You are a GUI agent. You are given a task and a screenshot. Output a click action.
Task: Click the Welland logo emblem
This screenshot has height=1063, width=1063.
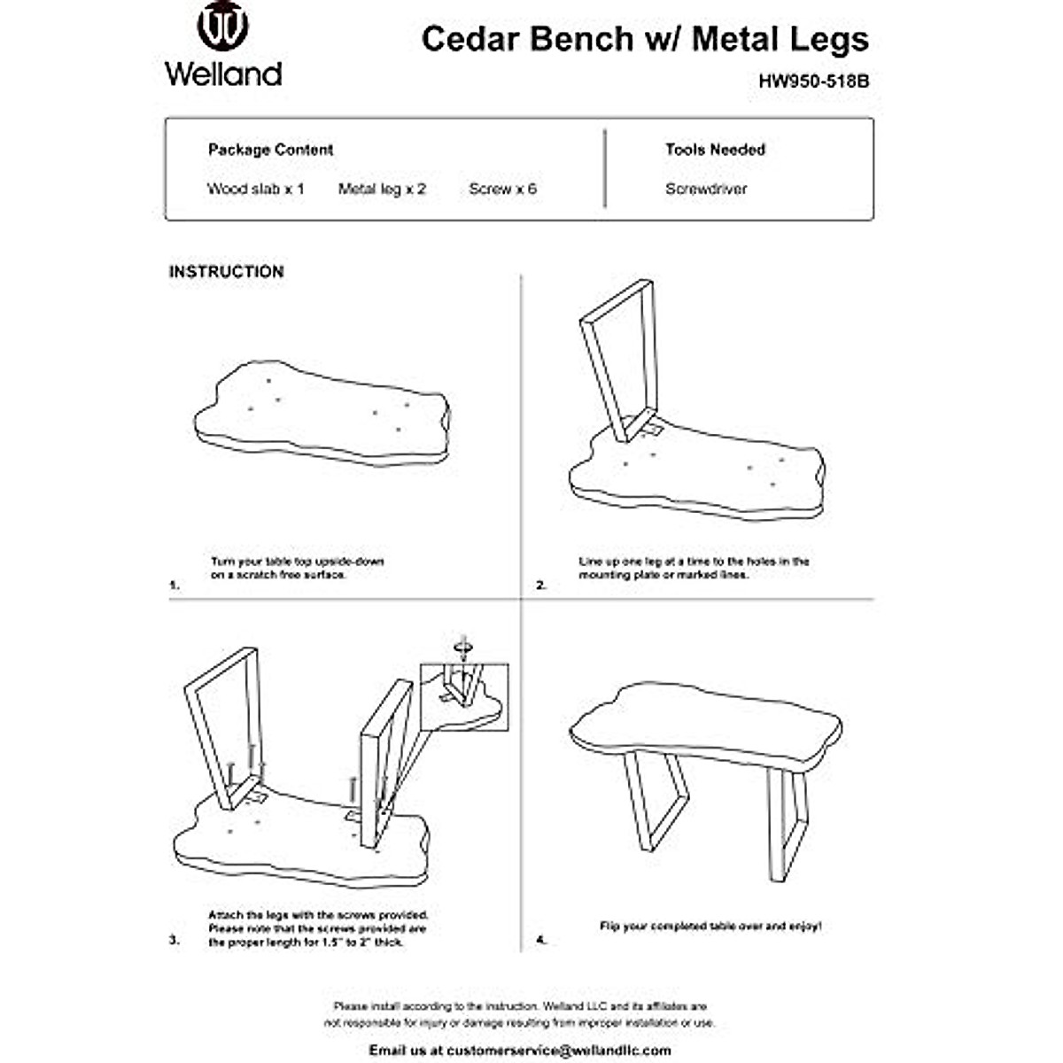pos(222,27)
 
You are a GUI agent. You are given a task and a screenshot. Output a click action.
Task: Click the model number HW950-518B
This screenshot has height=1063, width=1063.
pos(813,81)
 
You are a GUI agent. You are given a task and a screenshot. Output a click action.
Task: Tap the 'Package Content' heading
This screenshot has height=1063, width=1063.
pos(270,150)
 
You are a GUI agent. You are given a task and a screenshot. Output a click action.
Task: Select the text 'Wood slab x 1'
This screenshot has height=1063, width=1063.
pos(255,189)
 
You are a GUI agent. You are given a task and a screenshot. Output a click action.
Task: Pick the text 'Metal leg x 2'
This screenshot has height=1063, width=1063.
pos(382,189)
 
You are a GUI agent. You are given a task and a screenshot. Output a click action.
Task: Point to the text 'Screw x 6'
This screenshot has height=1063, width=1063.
pos(502,189)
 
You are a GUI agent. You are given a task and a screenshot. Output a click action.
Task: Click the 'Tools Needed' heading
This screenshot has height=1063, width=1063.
pos(715,150)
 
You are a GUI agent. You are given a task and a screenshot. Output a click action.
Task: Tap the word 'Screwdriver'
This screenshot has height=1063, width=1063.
pos(706,189)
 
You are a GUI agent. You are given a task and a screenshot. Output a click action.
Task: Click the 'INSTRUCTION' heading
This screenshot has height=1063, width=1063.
pos(226,272)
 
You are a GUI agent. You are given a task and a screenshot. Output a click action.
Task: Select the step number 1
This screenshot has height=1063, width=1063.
pos(174,585)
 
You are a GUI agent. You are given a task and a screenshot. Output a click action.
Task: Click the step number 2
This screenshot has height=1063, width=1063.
pos(541,585)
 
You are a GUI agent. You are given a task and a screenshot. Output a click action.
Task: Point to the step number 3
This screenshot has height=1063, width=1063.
pos(174,940)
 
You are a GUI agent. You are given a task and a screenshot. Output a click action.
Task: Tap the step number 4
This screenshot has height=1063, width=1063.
pos(541,940)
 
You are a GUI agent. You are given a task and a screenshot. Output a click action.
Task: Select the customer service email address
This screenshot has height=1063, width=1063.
pos(559,1050)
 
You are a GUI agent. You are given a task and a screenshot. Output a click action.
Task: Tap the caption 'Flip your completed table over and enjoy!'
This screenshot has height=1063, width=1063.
pos(710,926)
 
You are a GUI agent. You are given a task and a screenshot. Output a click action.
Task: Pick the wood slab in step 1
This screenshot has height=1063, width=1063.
pos(323,416)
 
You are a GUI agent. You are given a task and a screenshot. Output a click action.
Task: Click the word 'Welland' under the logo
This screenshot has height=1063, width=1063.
pos(223,73)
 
